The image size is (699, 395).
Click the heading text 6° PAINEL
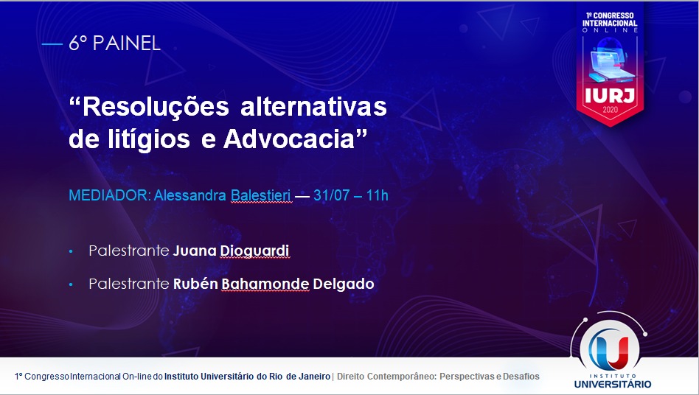(114, 43)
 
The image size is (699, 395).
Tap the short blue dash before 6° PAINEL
(52, 44)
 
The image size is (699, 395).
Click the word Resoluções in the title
(150, 108)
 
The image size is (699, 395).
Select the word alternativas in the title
(314, 106)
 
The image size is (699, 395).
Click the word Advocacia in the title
(295, 139)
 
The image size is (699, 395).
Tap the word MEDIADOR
(110, 195)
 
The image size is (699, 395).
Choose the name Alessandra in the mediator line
(190, 195)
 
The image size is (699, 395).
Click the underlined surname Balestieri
(261, 195)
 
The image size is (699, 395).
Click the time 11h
(377, 195)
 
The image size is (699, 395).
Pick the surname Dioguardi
(254, 251)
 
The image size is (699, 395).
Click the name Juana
(195, 251)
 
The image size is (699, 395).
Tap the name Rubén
(195, 284)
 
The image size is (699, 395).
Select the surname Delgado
(344, 284)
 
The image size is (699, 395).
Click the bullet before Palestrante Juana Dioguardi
(72, 252)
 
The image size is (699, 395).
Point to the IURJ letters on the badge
(609, 95)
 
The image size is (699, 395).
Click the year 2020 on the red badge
(610, 110)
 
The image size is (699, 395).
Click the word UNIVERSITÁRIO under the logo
(613, 384)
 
